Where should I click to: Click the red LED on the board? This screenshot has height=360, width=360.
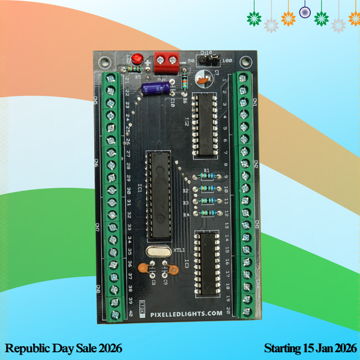[137, 59]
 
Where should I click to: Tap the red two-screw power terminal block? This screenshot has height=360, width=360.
[167, 60]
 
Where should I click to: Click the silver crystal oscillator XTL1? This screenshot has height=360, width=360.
[158, 251]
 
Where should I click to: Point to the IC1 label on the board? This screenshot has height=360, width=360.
[139, 190]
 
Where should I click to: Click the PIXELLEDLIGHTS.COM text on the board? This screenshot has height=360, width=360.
[182, 314]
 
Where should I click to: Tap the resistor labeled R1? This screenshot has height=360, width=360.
[206, 178]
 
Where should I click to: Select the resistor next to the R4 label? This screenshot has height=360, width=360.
[206, 213]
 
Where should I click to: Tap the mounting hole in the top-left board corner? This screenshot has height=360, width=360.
[106, 61]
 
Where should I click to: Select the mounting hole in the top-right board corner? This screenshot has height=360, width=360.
[247, 61]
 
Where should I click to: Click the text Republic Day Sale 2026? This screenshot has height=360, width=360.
[63, 348]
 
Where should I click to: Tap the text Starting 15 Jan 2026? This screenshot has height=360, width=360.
[310, 348]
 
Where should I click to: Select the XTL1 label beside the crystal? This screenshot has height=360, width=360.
[179, 250]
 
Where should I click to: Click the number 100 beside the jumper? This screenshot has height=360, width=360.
[227, 61]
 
